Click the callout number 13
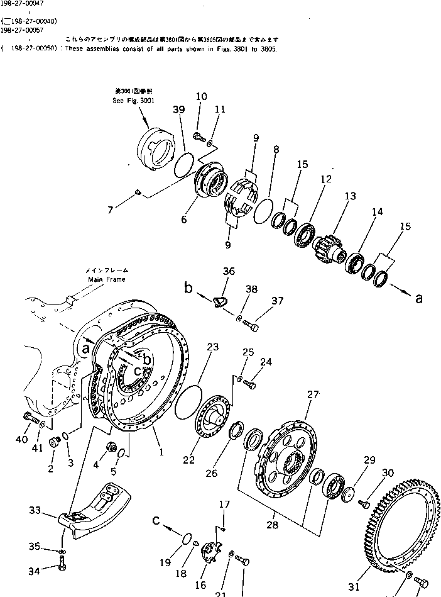[349, 196]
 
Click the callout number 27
[312, 395]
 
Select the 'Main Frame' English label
[106, 279]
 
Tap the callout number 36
[229, 272]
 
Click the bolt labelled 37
[252, 326]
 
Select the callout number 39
[179, 109]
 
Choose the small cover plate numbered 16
[212, 549]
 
